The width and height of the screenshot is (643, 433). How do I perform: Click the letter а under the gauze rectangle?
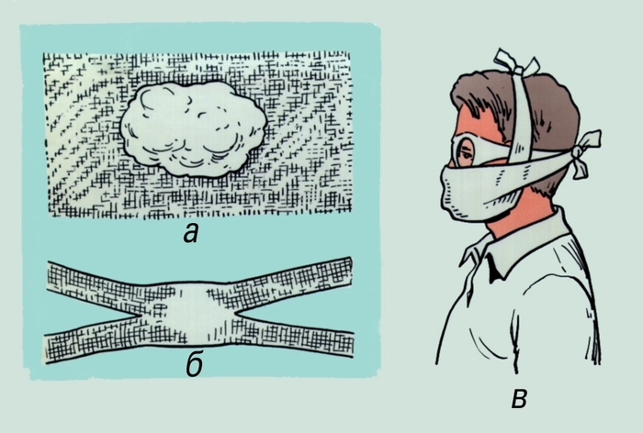(191, 234)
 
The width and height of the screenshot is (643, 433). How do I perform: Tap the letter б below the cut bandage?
(195, 364)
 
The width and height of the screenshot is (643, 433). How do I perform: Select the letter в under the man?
(519, 399)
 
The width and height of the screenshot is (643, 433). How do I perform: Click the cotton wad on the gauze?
(194, 128)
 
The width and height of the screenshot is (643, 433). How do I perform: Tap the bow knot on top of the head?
(516, 64)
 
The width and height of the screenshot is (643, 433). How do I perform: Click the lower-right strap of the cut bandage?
(295, 337)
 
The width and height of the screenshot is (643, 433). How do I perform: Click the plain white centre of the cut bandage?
(192, 315)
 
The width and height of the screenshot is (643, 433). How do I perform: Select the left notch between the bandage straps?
(137, 315)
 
